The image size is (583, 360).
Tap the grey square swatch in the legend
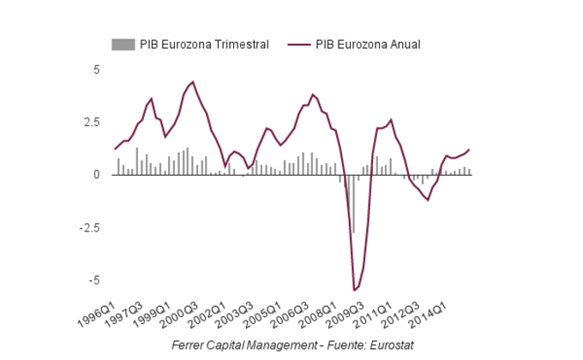click(x=123, y=44)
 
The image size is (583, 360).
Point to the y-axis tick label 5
click(x=96, y=69)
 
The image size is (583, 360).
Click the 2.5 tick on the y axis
click(x=91, y=122)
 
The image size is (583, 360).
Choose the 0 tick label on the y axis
click(x=96, y=175)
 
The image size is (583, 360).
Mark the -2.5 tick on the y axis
click(x=89, y=227)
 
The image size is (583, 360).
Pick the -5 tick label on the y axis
click(x=93, y=280)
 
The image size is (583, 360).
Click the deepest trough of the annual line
click(x=354, y=290)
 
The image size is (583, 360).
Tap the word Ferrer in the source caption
click(x=189, y=345)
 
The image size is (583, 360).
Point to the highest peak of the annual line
click(x=193, y=82)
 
